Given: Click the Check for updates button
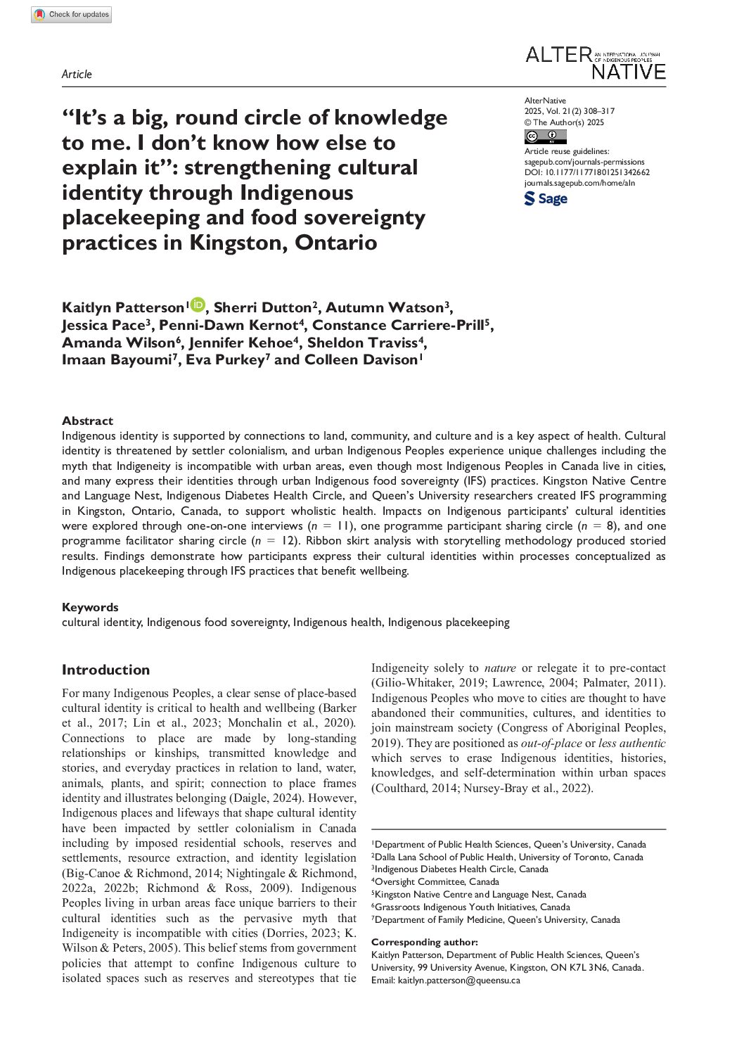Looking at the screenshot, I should click(71, 15).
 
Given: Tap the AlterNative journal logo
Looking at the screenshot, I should click(595, 63).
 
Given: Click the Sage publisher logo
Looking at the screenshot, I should click(546, 199).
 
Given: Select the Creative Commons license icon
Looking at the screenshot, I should click(545, 137).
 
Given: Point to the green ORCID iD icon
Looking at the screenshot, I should click(197, 305).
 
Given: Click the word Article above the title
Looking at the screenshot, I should click(77, 75).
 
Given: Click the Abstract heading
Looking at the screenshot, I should click(87, 421).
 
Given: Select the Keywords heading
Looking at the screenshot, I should click(90, 607).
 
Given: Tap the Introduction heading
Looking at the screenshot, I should click(105, 670).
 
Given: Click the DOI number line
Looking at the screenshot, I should click(586, 172).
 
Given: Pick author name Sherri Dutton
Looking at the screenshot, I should click(262, 308).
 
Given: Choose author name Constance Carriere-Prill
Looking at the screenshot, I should click(398, 326).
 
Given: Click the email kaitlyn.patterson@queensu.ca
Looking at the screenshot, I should click(458, 980).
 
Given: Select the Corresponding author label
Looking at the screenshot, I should click(424, 942).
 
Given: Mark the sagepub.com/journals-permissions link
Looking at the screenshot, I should click(584, 162).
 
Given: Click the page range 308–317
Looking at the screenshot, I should click(596, 111).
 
